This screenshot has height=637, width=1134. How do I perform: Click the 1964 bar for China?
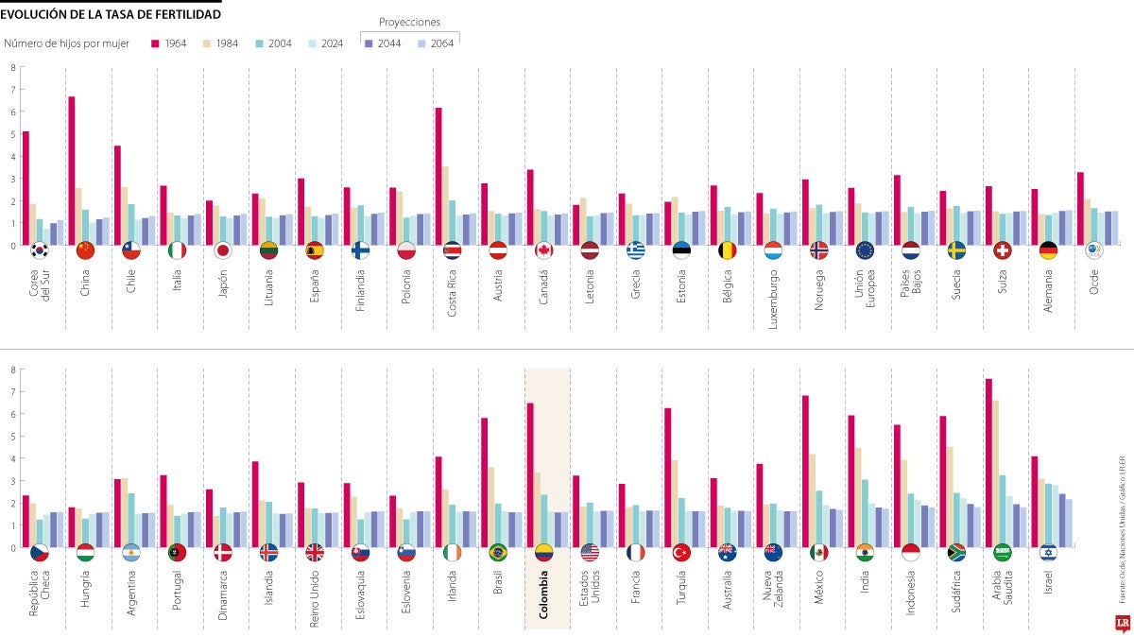click(x=72, y=171)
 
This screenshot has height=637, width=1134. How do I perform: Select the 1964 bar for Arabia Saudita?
click(x=988, y=463)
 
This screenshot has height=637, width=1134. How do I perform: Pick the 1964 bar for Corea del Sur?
click(x=26, y=188)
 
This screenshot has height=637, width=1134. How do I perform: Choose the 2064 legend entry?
click(x=434, y=43)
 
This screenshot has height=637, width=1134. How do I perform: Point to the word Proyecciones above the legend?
click(x=409, y=22)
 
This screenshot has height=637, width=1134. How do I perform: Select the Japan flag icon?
click(x=223, y=250)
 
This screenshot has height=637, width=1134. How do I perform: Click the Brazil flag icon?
click(x=497, y=553)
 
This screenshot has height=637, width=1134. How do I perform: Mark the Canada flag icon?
click(x=543, y=250)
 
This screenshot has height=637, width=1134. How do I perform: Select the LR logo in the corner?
click(x=1121, y=624)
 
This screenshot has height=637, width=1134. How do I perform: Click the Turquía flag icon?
click(x=680, y=553)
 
